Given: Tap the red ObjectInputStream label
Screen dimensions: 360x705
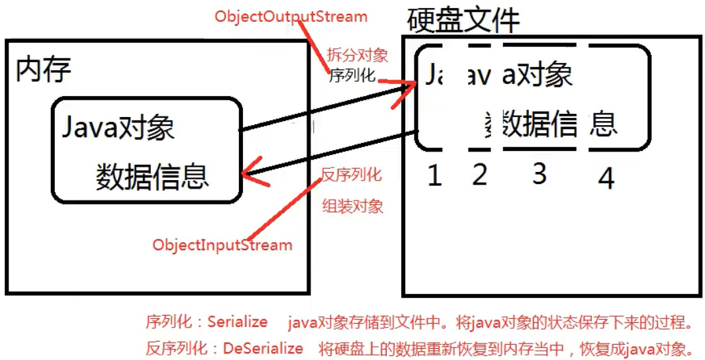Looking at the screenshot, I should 222,245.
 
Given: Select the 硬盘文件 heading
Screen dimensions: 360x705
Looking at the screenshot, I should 463,20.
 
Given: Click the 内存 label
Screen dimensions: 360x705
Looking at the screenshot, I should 44,69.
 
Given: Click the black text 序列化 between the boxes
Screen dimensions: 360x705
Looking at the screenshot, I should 352,75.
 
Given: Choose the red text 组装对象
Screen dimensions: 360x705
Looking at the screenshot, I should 353,206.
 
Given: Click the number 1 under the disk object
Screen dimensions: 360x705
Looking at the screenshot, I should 434,175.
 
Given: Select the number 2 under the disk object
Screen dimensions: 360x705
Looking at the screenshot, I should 479,174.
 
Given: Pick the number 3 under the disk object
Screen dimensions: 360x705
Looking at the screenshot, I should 540,173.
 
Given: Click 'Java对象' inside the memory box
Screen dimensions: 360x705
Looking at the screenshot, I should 118,126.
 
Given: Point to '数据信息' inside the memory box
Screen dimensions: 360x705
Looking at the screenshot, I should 152,176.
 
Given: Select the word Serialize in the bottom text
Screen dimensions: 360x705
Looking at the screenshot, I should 238,322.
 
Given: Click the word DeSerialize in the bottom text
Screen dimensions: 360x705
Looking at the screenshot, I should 263,348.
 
